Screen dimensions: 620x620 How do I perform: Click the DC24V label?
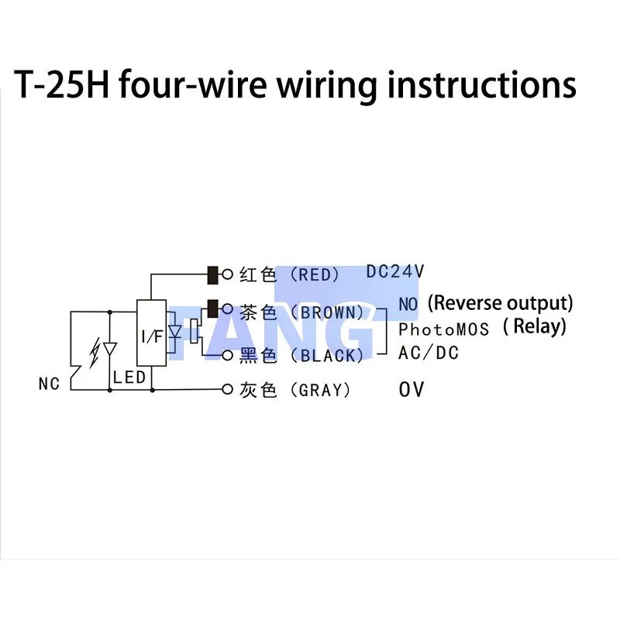tap(395, 272)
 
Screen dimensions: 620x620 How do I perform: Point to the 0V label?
tap(412, 389)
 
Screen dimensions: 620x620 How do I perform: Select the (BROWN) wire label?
tap(332, 312)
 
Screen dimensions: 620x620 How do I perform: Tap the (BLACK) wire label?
tap(332, 356)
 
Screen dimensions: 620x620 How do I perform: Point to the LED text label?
tap(129, 377)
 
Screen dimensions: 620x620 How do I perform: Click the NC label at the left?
tap(49, 384)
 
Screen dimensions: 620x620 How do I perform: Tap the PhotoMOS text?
tap(444, 329)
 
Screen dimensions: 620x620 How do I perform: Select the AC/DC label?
tap(429, 353)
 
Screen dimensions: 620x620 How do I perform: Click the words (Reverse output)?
tap(501, 302)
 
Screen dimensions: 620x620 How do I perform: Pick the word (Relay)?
tap(535, 326)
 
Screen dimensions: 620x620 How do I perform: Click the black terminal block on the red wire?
tap(212, 274)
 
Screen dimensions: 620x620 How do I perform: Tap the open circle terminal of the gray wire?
tap(227, 389)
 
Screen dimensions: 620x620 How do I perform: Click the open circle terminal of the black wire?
tap(227, 356)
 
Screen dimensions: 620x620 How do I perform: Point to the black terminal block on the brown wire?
tap(212, 308)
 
